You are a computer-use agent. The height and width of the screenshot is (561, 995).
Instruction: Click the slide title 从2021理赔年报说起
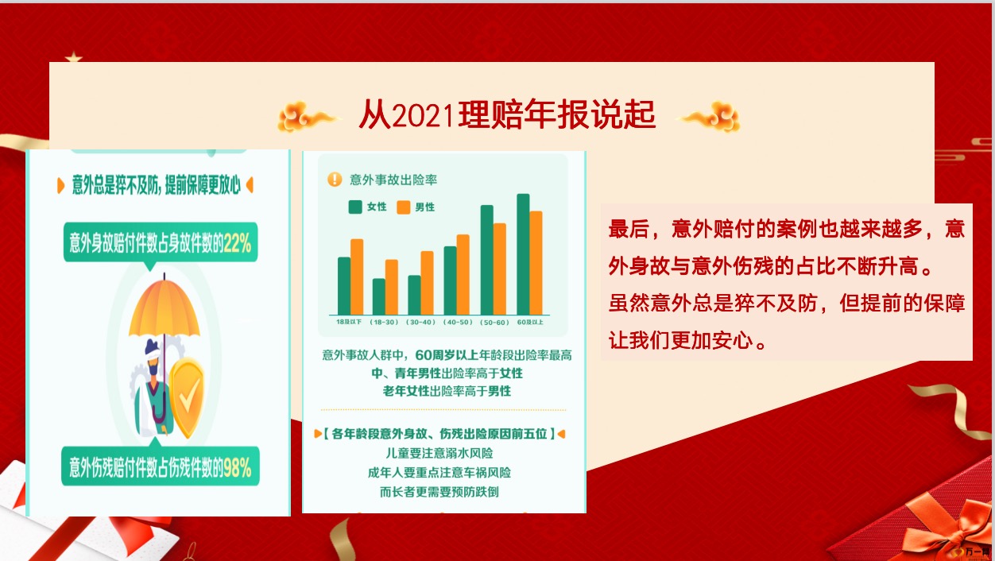507,114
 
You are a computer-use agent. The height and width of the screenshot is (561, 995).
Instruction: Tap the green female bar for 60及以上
523,254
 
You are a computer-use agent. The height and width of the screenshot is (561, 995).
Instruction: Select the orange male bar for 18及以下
357,277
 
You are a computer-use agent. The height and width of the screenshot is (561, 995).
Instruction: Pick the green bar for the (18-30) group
379,296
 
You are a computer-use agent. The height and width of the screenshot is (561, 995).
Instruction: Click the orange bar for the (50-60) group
500,269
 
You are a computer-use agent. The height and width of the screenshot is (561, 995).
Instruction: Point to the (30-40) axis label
420,322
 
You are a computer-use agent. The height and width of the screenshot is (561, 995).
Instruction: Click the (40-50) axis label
458,322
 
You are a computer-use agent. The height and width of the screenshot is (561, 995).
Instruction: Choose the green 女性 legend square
355,207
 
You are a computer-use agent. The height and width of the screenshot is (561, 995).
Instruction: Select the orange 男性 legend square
404,207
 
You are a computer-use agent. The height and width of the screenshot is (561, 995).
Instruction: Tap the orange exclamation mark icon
335,180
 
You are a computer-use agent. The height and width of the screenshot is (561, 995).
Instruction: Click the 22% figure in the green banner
238,243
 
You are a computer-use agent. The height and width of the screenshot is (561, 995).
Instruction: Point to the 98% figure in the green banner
238,467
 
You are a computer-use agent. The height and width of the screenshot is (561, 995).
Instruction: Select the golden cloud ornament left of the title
308,116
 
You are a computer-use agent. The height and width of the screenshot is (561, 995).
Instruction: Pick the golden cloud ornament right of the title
710,116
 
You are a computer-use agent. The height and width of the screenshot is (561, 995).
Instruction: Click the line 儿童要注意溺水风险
439,453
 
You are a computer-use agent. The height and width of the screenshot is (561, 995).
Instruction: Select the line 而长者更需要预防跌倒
439,492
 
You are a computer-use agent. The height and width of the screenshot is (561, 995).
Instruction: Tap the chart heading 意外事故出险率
393,180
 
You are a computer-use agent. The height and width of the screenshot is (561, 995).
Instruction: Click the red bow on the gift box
950,528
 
